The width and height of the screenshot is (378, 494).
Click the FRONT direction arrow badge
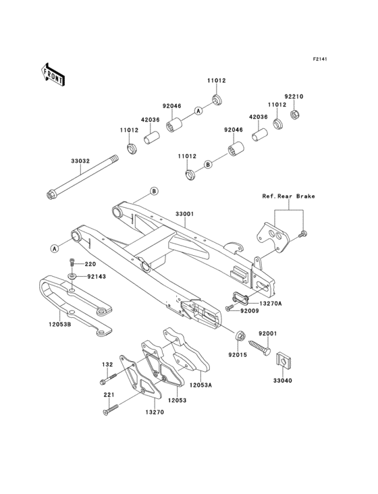click(53, 74)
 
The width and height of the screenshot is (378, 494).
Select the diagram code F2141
click(319, 59)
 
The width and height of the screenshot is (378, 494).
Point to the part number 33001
click(185, 214)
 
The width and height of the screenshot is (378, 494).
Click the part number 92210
click(294, 97)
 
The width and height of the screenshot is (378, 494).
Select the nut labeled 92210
click(295, 113)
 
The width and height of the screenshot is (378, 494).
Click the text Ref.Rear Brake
click(288, 196)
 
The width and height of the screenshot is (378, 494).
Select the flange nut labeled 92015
click(240, 336)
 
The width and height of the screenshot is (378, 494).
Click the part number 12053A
click(201, 384)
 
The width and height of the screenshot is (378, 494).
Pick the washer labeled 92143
click(72, 275)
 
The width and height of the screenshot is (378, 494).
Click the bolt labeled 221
click(111, 406)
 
